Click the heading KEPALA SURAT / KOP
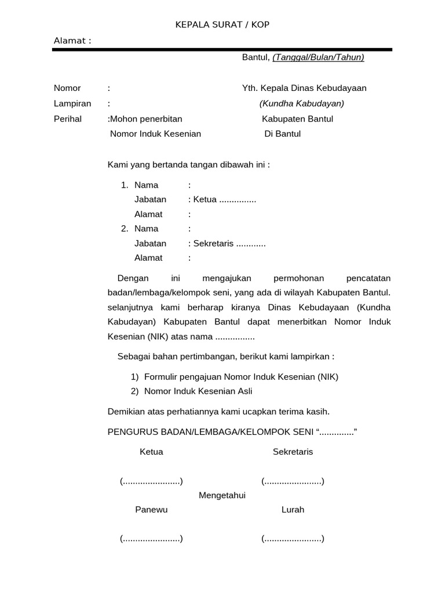tap(223, 24)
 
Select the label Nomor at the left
tap(67, 88)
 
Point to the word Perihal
tap(68, 119)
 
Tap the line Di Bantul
tap(282, 134)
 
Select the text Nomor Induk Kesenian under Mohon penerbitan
tap(155, 134)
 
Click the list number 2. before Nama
tap(125, 229)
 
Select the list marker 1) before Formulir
tap(134, 376)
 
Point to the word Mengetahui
tap(222, 495)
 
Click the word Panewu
tap(151, 510)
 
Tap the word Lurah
tap(293, 510)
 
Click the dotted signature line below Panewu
tap(151, 539)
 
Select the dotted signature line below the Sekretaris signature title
tap(293, 481)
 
